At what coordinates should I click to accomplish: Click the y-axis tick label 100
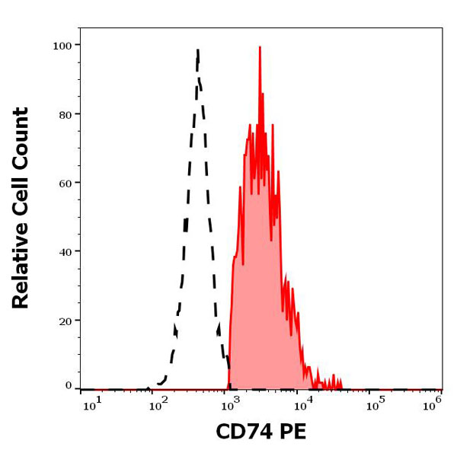[62, 45]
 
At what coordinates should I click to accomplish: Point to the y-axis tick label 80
[65, 114]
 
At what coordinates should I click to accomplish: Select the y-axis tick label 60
[65, 183]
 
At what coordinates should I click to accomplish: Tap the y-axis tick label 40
[65, 251]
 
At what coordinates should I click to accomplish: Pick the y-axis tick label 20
[65, 321]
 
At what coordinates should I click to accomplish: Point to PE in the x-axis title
[292, 433]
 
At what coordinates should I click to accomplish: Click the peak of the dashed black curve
[198, 50]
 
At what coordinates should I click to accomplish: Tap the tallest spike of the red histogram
[259, 47]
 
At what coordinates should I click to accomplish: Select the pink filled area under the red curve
[259, 305]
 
